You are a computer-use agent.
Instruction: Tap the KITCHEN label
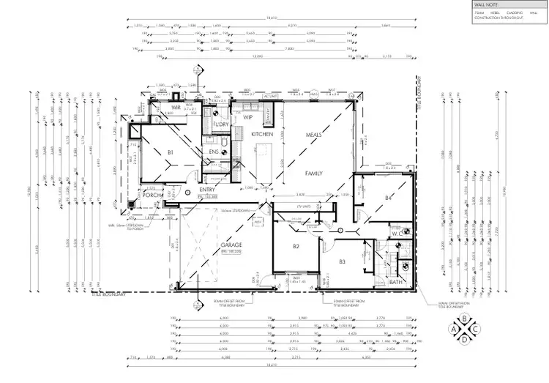coord(262,135)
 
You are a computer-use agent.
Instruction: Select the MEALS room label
coord(314,135)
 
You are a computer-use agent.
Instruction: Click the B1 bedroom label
coord(170,152)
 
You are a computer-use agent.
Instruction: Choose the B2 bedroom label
coord(296,247)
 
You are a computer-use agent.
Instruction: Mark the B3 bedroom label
coord(341,261)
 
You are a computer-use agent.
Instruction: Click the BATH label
coord(396,282)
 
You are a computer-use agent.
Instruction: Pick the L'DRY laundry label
coord(222,125)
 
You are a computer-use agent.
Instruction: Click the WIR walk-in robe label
coord(176,108)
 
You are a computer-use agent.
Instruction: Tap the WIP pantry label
coord(247,116)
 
